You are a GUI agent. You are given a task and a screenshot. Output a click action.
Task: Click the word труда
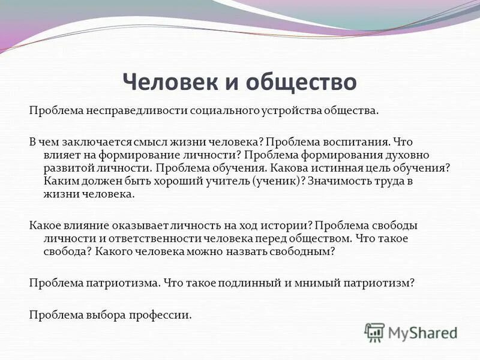404,181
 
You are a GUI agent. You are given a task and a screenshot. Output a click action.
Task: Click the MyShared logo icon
375,332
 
